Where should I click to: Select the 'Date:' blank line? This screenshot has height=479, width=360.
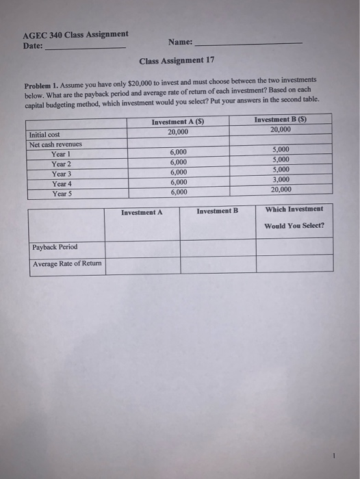click(x=85, y=47)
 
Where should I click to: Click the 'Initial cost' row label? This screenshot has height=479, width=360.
click(x=45, y=135)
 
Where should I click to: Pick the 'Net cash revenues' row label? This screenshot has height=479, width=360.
click(x=55, y=144)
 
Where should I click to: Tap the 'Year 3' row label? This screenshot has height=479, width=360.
click(x=62, y=174)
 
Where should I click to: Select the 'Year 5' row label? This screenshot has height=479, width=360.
click(x=62, y=194)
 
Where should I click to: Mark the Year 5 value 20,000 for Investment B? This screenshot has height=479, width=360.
click(x=281, y=190)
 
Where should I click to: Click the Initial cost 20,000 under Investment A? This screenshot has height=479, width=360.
click(x=178, y=131)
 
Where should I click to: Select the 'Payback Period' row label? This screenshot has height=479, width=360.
click(x=55, y=247)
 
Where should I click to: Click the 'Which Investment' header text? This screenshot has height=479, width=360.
click(x=294, y=209)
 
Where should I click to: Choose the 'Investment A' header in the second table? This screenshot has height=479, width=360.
click(x=142, y=212)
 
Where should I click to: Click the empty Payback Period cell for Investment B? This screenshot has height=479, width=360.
click(x=218, y=247)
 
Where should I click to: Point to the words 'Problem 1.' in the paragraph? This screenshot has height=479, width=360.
click(x=42, y=86)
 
